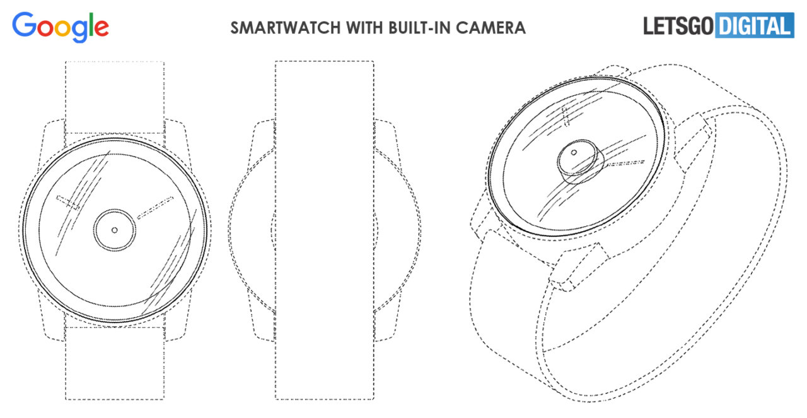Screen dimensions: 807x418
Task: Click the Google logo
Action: (61, 27)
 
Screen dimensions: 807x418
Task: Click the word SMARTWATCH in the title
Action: (286, 28)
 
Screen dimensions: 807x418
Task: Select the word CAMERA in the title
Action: (491, 28)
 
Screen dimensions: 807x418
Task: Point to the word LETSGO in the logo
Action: (678, 26)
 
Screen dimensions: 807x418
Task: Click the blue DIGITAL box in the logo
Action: (755, 25)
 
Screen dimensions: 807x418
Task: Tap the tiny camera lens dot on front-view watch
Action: (115, 230)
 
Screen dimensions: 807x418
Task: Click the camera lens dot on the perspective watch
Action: (574, 153)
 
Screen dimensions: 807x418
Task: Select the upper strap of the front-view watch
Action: (115, 97)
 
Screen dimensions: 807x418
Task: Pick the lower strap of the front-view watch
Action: (115, 363)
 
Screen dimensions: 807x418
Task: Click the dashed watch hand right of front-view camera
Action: (155, 208)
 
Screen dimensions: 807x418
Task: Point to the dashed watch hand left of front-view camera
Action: (67, 203)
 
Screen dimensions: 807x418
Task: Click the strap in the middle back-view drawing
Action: (325, 230)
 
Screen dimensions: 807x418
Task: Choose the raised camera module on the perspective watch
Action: (580, 162)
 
